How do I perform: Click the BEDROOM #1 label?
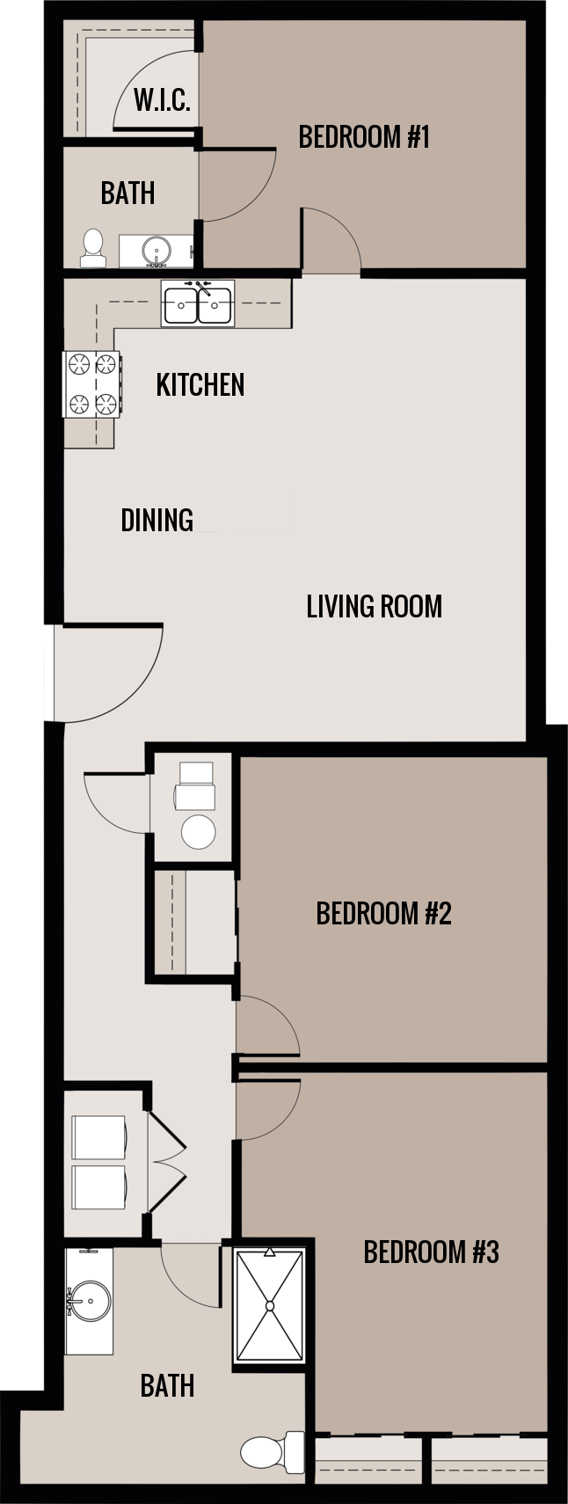coord(363,137)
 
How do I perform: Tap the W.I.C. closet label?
coord(162,100)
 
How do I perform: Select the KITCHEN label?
coord(200,384)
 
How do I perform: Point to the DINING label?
coord(157,520)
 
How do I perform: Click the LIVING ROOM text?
coord(374,606)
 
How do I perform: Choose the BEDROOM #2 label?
coord(383,913)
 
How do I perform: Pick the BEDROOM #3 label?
coord(431,1252)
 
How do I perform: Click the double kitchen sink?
coord(198,303)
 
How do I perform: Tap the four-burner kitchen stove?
coord(92,383)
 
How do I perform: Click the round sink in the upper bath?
coord(157,250)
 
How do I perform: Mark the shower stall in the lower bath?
coord(269,1306)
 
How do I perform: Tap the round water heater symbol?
coord(199,831)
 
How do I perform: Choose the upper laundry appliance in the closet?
coord(98,1139)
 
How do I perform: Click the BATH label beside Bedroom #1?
coord(127,193)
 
